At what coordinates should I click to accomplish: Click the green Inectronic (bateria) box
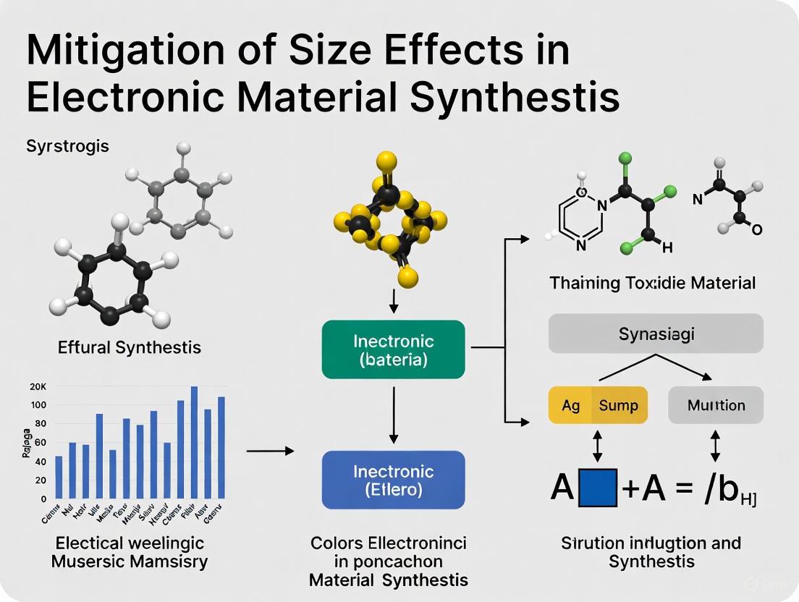click(393, 350)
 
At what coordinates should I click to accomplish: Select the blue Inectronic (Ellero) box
click(393, 480)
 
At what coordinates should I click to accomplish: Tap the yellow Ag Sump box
click(598, 405)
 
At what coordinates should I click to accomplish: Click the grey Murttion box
click(715, 405)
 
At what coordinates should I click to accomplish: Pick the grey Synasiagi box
click(656, 334)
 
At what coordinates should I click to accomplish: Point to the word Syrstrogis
click(67, 145)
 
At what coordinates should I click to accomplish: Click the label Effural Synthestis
click(129, 347)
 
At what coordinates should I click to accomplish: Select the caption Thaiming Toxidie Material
click(652, 282)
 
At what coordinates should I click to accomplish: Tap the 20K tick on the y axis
click(38, 386)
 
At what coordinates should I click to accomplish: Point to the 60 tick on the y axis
click(39, 442)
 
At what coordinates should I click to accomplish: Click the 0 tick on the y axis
click(43, 499)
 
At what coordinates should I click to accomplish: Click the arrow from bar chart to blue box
click(270, 451)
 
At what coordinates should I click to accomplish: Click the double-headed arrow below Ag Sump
click(598, 446)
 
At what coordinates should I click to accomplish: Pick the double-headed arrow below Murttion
click(715, 446)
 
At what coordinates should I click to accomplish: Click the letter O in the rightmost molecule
click(756, 230)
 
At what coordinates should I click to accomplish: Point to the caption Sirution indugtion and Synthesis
click(651, 552)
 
